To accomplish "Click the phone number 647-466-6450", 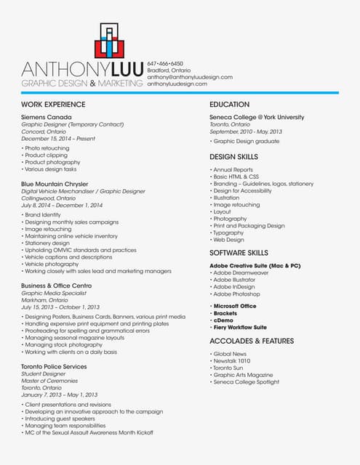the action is click(x=165, y=63).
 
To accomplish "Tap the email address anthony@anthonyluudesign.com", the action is click(x=190, y=76).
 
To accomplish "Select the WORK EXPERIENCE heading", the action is click(x=53, y=105).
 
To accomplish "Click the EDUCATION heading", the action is click(x=229, y=105).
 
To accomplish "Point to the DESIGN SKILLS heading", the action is click(x=233, y=156).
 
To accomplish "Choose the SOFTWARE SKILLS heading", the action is click(x=239, y=252).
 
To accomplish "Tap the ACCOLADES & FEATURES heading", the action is click(x=252, y=340).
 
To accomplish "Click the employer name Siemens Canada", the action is click(x=47, y=117).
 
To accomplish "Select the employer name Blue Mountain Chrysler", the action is click(x=55, y=184).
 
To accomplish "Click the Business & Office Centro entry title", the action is click(x=56, y=286).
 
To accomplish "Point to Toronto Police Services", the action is click(x=54, y=367).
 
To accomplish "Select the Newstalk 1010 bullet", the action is click(x=232, y=360).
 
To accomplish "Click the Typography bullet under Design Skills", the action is click(x=229, y=232).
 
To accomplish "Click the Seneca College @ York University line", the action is click(x=257, y=117).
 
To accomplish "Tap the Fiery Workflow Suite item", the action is click(x=240, y=327).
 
